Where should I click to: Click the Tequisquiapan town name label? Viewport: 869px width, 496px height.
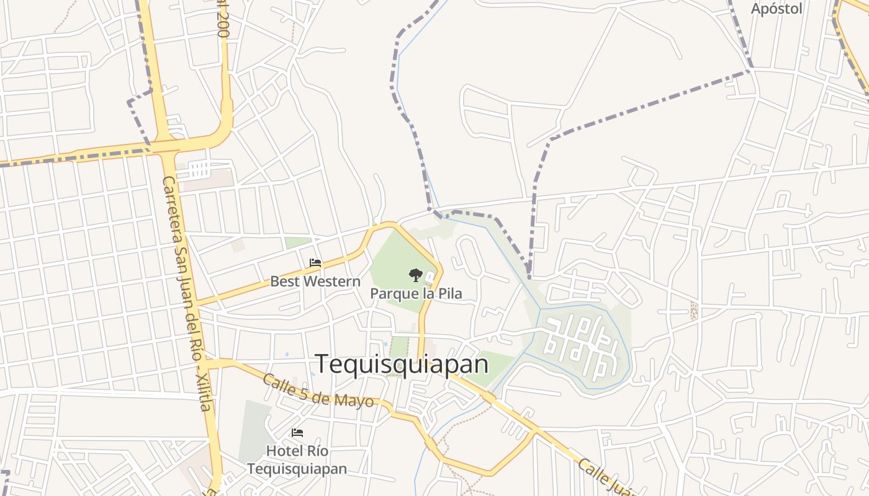click(x=402, y=364)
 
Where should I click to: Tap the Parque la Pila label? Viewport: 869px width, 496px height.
click(x=416, y=293)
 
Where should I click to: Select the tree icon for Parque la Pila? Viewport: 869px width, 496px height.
click(x=415, y=275)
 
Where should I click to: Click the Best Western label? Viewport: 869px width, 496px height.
click(x=315, y=281)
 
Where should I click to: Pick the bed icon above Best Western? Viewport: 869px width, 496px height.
click(x=315, y=263)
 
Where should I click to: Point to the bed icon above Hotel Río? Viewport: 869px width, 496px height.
click(x=297, y=433)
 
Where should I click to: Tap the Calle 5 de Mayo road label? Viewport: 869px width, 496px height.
click(x=318, y=391)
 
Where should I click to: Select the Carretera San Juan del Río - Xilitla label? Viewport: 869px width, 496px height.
click(x=186, y=293)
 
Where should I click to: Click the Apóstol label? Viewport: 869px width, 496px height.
click(x=777, y=9)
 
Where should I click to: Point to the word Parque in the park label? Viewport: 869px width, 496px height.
click(x=394, y=293)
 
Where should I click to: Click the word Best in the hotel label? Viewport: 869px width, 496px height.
click(x=283, y=281)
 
